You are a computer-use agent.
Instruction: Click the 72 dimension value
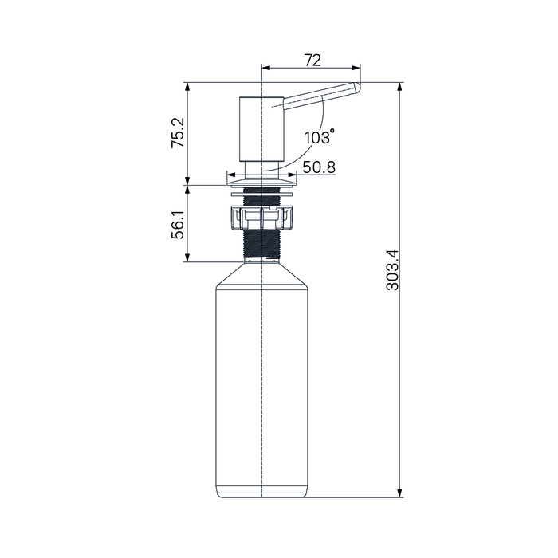(x=312, y=60)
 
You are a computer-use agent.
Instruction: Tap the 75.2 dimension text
(x=178, y=133)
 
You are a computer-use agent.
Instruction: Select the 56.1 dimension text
(x=178, y=224)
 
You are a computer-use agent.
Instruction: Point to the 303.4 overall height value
(x=393, y=270)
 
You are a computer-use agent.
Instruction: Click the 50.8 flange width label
(x=319, y=167)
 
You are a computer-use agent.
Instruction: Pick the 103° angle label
(x=319, y=137)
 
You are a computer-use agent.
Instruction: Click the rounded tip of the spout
(x=356, y=88)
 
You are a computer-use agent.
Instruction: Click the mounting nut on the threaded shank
(x=262, y=217)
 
